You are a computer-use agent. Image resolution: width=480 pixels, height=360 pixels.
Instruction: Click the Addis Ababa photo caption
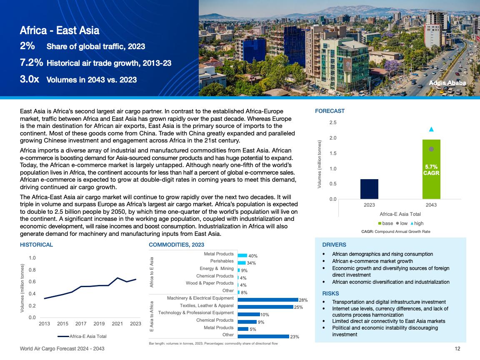(447, 82)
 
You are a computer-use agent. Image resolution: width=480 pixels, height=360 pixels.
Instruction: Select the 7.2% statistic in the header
(31, 63)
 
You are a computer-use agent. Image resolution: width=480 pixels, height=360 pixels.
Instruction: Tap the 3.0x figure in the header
(30, 79)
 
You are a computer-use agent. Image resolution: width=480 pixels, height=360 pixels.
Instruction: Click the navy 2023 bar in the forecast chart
(369, 189)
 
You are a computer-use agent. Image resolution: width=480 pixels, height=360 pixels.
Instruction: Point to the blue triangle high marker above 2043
(431, 129)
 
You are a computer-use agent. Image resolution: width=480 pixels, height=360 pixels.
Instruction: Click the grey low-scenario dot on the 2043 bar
(431, 149)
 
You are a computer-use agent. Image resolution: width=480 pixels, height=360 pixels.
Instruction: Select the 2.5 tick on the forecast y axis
(333, 122)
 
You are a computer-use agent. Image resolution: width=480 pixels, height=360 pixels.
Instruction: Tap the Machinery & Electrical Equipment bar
(268, 300)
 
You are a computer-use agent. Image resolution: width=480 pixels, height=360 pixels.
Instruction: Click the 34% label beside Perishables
(251, 263)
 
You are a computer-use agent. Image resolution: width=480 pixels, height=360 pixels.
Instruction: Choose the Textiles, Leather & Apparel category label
(207, 305)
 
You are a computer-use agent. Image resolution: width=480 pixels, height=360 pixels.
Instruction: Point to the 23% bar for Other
(263, 336)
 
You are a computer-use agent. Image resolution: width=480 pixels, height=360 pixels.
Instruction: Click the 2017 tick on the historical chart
(81, 324)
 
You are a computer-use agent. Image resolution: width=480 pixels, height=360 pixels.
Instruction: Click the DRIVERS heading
(334, 245)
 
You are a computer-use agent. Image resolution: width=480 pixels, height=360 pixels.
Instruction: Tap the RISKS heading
(331, 293)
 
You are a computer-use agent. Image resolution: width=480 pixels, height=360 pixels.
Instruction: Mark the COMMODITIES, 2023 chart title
(176, 245)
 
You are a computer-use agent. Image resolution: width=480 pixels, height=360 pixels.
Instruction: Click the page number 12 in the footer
(457, 348)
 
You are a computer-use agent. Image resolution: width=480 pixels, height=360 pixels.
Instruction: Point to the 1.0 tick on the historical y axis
(32, 258)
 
